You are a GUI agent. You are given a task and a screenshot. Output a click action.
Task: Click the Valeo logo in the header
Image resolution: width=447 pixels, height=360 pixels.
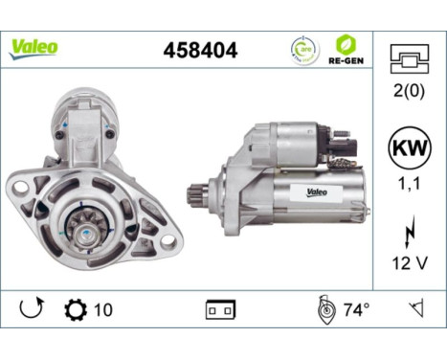tap(34, 48)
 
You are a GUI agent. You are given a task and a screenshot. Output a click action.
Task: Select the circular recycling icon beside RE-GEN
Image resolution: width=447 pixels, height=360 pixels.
tap(302, 49)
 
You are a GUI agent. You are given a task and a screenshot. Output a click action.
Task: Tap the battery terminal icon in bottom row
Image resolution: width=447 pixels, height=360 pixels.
tap(220, 311)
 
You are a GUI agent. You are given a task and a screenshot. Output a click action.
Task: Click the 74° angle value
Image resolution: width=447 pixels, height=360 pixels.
tap(356, 310)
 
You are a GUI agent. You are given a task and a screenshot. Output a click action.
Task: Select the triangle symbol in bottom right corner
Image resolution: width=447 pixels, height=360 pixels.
tap(415, 310)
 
